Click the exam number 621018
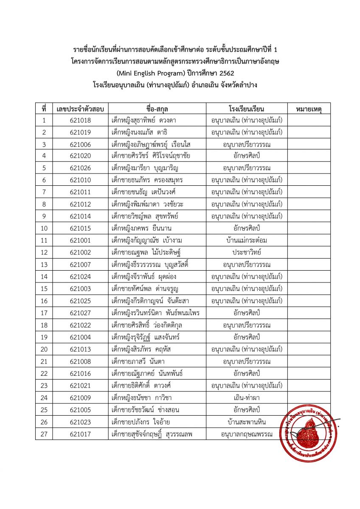pos(80,120)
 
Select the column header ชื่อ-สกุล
pos(157,109)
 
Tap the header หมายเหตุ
pos(308,109)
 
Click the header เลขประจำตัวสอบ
pos(80,109)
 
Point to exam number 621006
pos(80,144)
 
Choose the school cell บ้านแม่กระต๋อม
pos(247,241)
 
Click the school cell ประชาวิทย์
pos(247,252)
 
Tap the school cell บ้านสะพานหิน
pos(247,422)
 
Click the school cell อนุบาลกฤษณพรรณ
pos(247,434)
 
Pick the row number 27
pos(44,434)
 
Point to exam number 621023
pos(80,422)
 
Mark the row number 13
pos(44,265)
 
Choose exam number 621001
pos(80,241)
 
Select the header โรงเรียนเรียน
pos(247,109)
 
